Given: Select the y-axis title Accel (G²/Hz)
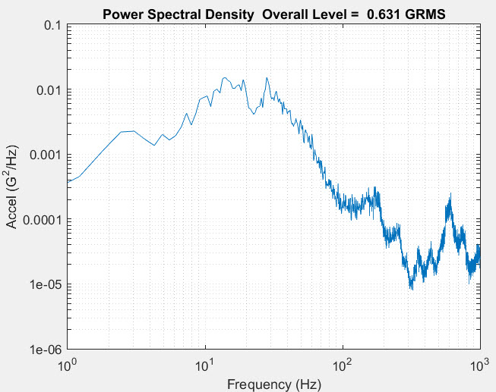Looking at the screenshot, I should pos(13,187).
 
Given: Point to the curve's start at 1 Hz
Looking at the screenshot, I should pos(68,181).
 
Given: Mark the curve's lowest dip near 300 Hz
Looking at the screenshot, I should pos(411,289).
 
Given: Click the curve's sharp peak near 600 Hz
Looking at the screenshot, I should pos(450,195).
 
